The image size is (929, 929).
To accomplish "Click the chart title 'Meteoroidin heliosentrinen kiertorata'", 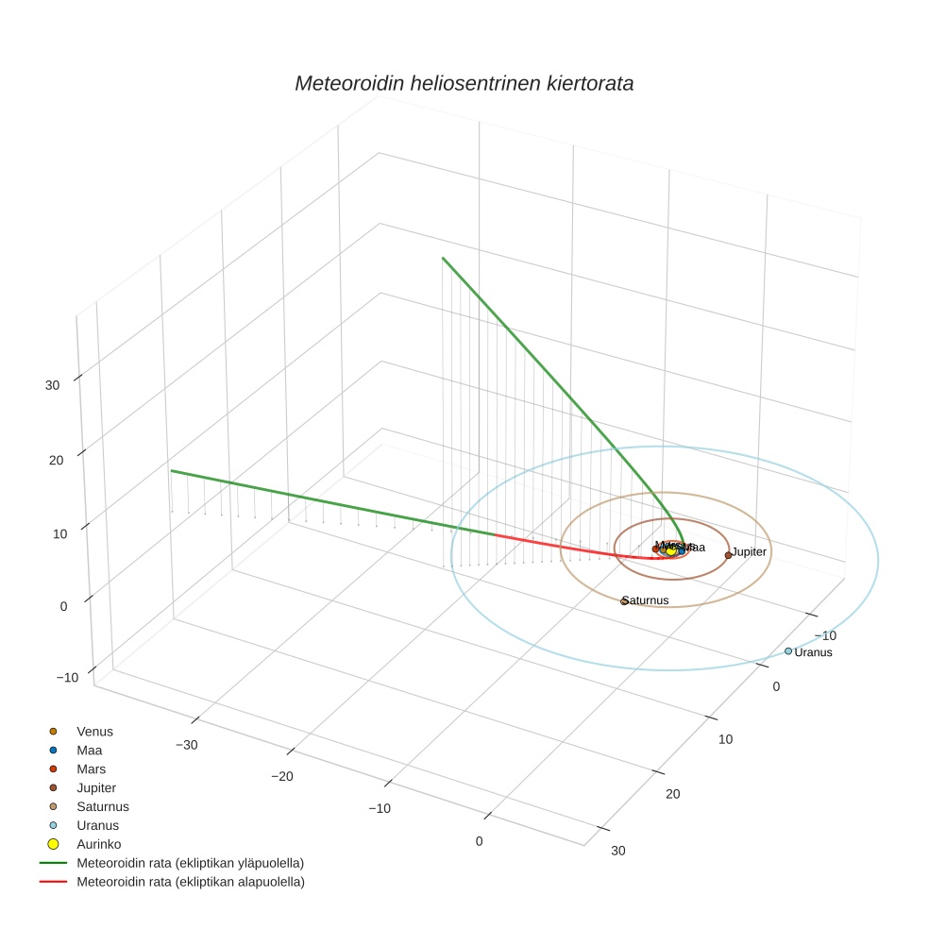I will pos(464,83).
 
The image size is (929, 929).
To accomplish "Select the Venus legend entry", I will pos(94,731).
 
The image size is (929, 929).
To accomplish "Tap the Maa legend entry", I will pos(89,750).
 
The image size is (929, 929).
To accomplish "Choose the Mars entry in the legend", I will pos(91,769).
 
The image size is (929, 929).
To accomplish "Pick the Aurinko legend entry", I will pos(98,844).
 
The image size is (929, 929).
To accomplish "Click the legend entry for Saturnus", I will pos(102,806).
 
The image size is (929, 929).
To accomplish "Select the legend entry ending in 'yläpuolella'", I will pos(190,863).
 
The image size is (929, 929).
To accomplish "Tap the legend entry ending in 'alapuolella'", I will pos(190,882).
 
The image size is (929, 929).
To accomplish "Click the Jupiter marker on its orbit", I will pos(728,555).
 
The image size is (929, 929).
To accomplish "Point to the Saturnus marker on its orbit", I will pos(624,601).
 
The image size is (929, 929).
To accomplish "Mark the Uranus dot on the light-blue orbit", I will pos(788,650).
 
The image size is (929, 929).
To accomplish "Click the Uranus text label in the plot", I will pos(813,652).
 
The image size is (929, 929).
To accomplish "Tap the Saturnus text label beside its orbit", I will pos(647,600).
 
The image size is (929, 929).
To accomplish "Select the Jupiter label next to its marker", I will pos(749,551).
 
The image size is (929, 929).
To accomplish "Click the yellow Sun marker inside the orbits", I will pos(671,550).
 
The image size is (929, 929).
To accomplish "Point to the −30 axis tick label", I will pos(187,745).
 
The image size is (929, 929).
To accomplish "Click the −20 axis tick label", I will pos(284,776).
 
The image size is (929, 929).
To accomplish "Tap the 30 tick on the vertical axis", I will pos(52,385).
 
